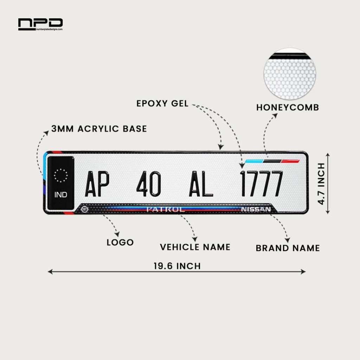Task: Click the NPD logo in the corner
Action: click(40, 24)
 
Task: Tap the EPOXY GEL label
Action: click(162, 104)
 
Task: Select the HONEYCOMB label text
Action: click(288, 108)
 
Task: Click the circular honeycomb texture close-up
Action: click(290, 74)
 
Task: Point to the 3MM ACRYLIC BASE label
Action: click(99, 129)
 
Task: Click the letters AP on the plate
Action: click(97, 184)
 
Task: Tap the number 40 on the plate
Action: click(148, 184)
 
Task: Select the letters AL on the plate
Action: click(201, 184)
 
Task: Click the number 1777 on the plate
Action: click(261, 184)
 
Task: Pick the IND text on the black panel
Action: click(61, 195)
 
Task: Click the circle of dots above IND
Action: click(61, 175)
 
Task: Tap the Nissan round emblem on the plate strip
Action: click(85, 209)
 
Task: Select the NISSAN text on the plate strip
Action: click(256, 210)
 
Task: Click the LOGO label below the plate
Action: click(120, 243)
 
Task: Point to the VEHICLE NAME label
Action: click(195, 247)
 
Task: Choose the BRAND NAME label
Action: click(288, 248)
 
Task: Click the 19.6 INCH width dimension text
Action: click(177, 266)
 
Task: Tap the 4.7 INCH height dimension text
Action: click(321, 184)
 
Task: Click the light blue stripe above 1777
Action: click(254, 161)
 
